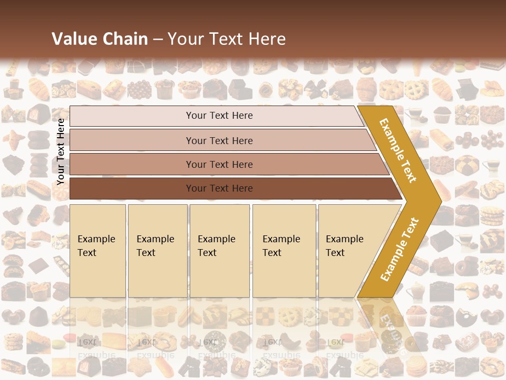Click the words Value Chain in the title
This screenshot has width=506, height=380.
click(100, 39)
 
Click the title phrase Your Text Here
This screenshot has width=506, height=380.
click(227, 39)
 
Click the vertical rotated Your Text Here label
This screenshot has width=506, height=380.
click(61, 151)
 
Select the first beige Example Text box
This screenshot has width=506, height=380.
click(98, 251)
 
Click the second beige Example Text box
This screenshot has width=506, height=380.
click(157, 251)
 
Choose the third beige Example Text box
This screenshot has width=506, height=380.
click(219, 251)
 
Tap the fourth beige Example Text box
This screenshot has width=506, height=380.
click(284, 251)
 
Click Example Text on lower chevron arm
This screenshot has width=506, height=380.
click(400, 250)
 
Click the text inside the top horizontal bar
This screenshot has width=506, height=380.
click(219, 116)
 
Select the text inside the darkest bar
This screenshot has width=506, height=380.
click(219, 188)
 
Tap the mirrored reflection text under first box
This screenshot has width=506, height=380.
click(96, 349)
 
